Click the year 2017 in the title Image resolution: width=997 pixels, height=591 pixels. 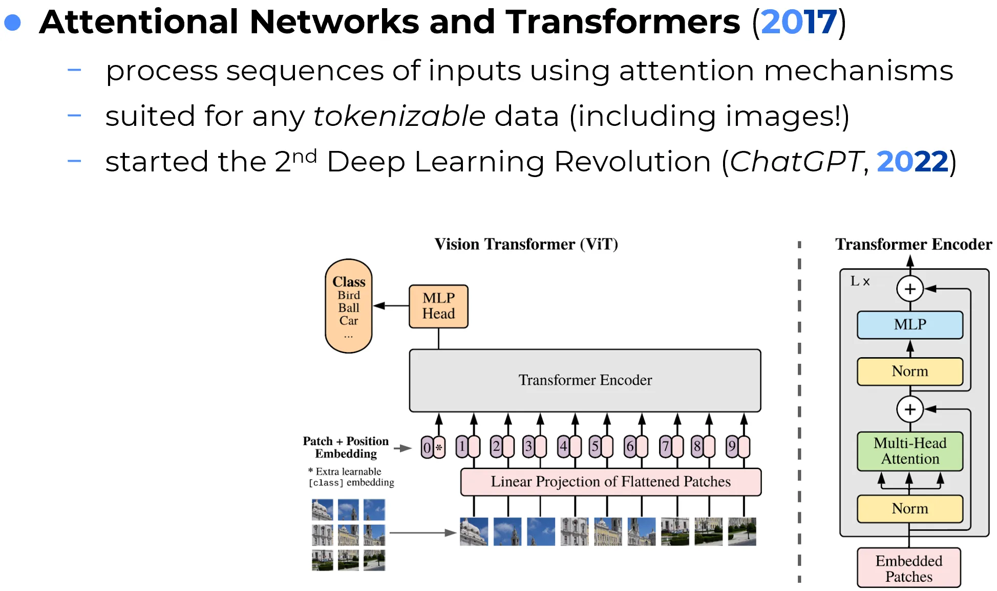pos(799,23)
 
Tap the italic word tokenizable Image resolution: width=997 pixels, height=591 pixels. pos(399,116)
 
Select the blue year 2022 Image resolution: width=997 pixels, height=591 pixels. pos(913,162)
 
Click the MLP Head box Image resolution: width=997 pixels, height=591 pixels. pos(438,306)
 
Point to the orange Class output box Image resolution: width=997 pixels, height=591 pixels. pos(349,306)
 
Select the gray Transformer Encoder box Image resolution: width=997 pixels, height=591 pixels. pos(585,380)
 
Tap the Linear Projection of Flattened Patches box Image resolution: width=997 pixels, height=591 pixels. pos(610,481)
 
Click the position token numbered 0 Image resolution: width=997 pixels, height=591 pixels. pos(427,447)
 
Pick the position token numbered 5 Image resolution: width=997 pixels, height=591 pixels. pos(595,447)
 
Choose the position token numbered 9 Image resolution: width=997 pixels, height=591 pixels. pos(732,447)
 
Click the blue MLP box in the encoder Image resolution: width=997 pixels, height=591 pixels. pos(910,324)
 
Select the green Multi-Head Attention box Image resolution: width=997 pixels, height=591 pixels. pos(910,451)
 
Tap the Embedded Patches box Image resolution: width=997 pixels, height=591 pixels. pos(909,568)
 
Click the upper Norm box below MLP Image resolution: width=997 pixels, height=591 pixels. pos(910,371)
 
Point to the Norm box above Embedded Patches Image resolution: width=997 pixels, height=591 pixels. pos(910,509)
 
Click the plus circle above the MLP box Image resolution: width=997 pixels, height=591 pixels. pos(910,289)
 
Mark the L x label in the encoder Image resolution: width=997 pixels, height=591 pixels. pos(860,281)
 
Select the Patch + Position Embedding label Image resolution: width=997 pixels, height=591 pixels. pos(346,447)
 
